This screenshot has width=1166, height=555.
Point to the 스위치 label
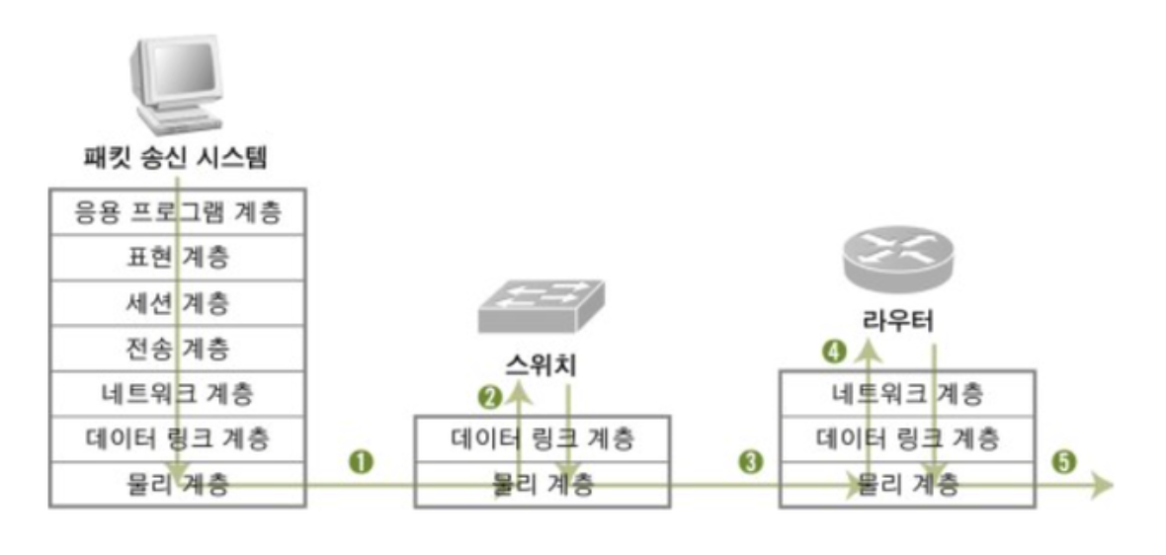tap(540, 365)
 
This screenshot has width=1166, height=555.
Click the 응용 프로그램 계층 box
tap(178, 212)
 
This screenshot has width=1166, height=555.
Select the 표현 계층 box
tap(178, 258)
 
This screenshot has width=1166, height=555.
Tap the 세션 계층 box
tap(178, 303)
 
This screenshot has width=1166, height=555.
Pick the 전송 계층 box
tap(178, 349)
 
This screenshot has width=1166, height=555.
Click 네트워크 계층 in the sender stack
tap(178, 394)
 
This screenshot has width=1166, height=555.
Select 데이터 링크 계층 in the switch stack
tap(541, 437)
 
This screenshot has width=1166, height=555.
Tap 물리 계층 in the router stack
tap(907, 485)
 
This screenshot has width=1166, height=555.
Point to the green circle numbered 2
tap(488, 397)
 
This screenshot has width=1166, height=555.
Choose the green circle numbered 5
tap(1064, 461)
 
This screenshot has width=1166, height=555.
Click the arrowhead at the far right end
tap(1103, 485)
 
